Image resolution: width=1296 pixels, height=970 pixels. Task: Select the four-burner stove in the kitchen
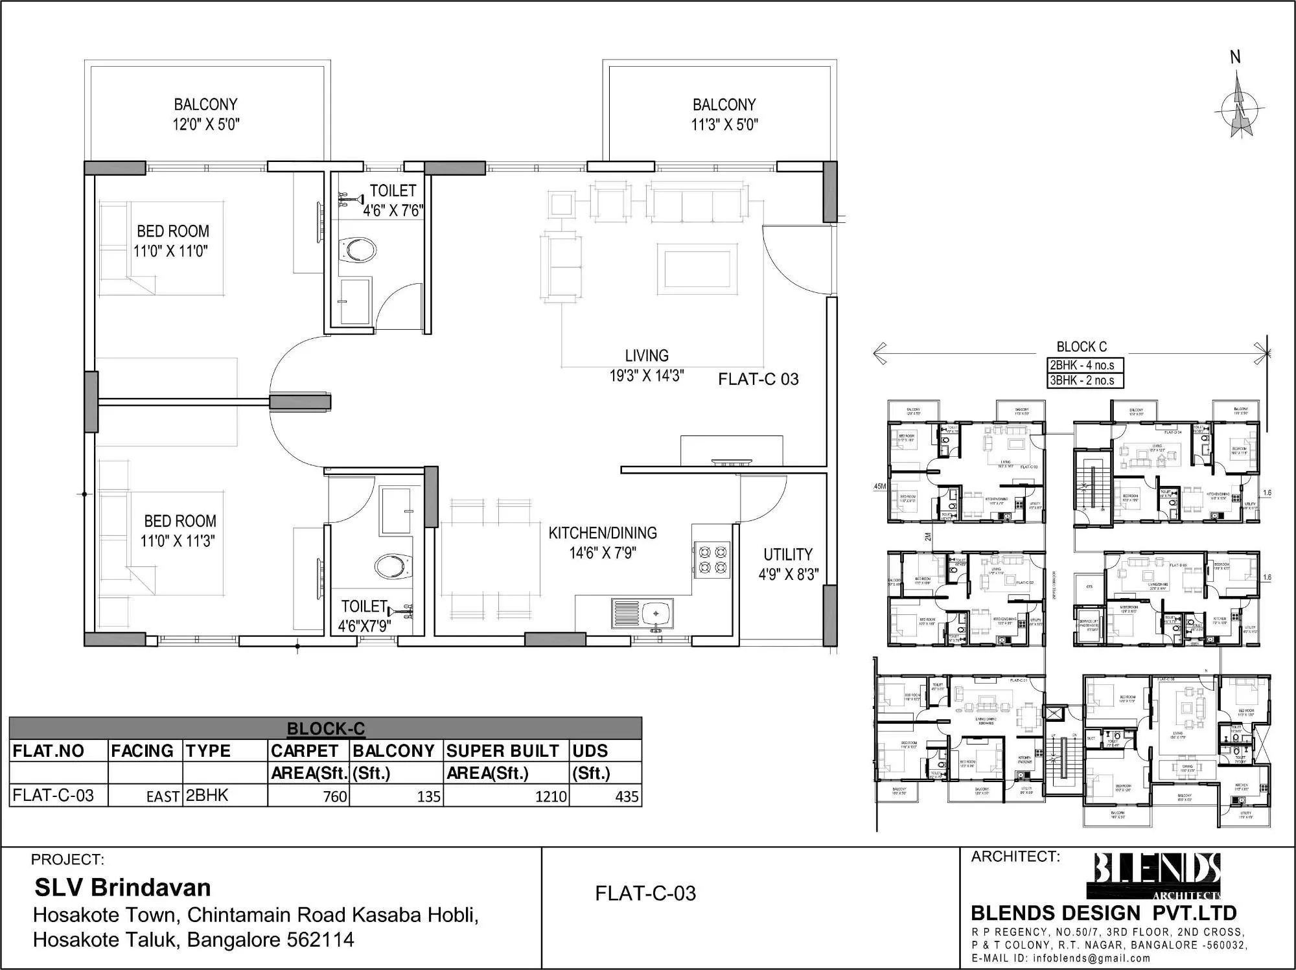[x=712, y=560]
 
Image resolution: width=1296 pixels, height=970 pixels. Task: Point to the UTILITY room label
[x=787, y=555]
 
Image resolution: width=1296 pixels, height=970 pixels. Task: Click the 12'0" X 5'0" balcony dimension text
[x=205, y=124]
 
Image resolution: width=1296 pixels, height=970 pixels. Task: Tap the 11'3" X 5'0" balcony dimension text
[x=724, y=124]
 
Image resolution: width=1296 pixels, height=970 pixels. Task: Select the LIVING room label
[x=647, y=356]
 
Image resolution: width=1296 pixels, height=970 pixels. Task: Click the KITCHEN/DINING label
[x=603, y=533]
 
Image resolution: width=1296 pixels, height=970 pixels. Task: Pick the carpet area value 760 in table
[x=335, y=796]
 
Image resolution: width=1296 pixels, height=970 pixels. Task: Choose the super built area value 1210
[x=551, y=796]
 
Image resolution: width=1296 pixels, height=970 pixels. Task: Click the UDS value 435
[x=626, y=796]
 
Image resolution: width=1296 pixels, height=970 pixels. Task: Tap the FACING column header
[x=143, y=751]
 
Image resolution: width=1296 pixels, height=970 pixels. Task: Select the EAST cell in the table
[x=163, y=797]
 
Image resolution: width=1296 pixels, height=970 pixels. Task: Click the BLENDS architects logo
[x=1157, y=876]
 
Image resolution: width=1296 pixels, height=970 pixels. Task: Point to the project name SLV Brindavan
[x=122, y=887]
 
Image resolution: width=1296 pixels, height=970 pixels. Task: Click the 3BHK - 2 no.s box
[x=1085, y=380]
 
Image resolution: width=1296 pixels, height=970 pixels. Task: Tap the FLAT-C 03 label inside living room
[x=758, y=379]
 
